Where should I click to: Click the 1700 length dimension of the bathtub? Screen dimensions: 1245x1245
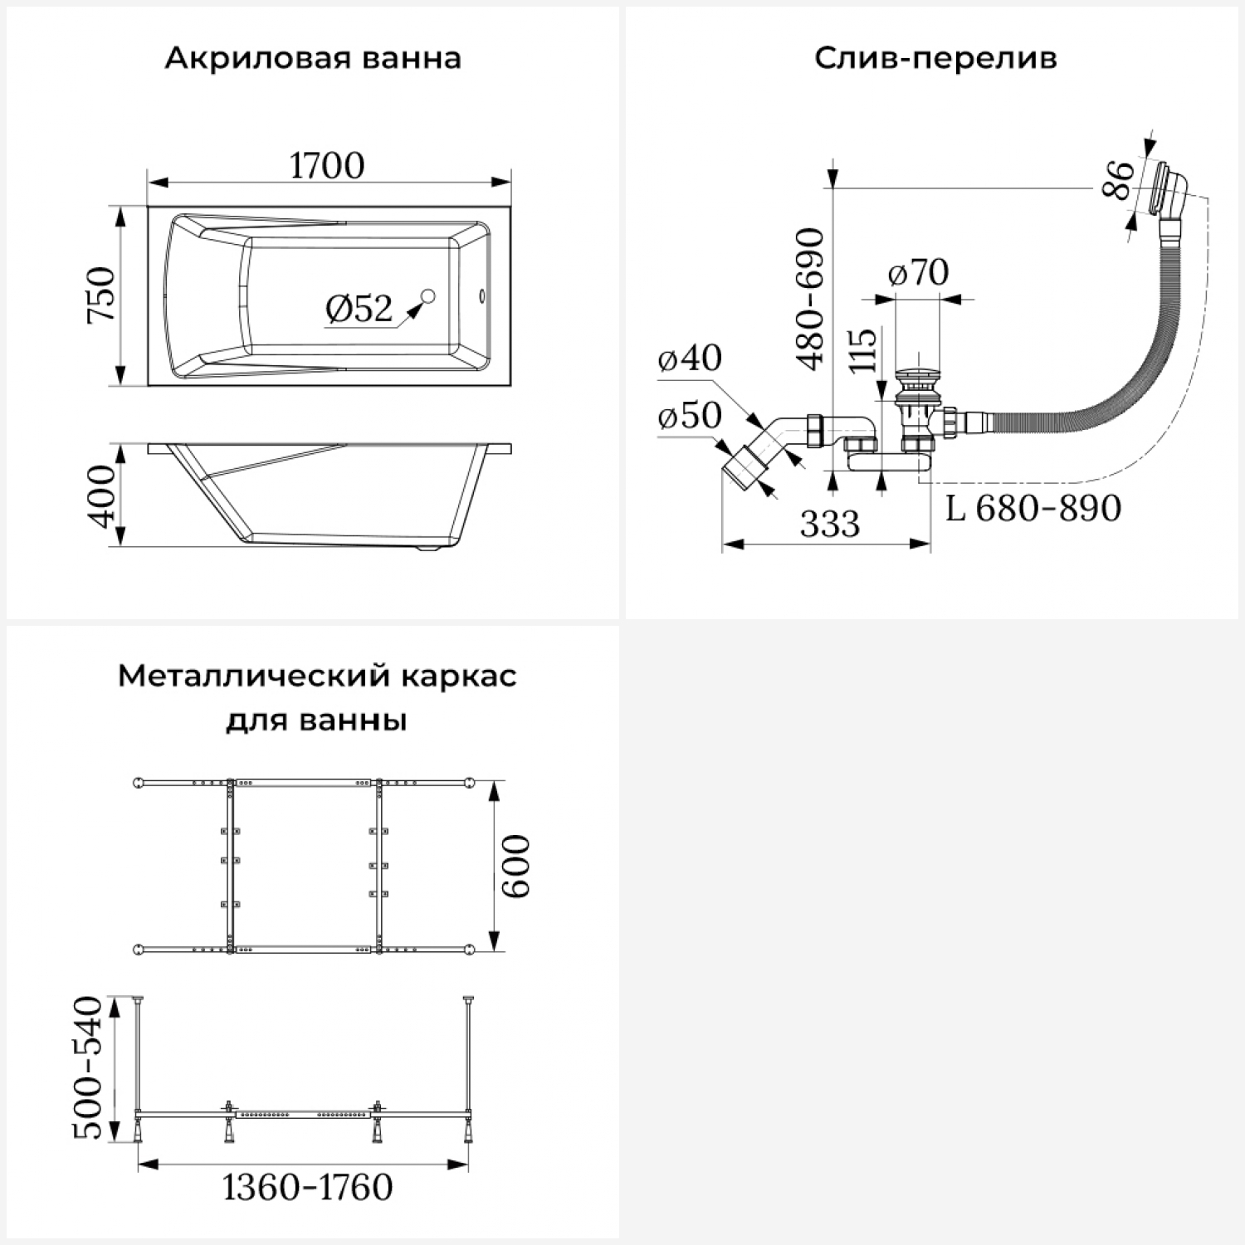pos(327,166)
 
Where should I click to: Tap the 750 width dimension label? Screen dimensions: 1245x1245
pos(102,295)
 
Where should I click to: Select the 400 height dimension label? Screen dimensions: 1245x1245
pos(102,496)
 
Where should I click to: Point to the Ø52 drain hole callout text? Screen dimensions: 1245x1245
pos(359,309)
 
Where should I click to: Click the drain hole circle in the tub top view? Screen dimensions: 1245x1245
pos(429,295)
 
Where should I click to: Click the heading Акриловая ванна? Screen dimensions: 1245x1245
pos(313,59)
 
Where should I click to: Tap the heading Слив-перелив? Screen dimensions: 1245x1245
pos(935,59)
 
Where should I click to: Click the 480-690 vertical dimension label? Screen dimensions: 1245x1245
pos(811,299)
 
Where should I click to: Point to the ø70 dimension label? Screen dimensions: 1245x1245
pos(918,273)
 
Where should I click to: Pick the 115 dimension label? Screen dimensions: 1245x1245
pos(863,351)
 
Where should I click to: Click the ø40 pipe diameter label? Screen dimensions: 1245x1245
pos(690,359)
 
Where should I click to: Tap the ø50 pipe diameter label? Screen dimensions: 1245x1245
pos(690,416)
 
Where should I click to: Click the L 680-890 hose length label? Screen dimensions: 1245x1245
pos(1034,508)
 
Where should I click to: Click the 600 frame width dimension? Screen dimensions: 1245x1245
pos(516,866)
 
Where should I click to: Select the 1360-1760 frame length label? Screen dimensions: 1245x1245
pos(307,1188)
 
